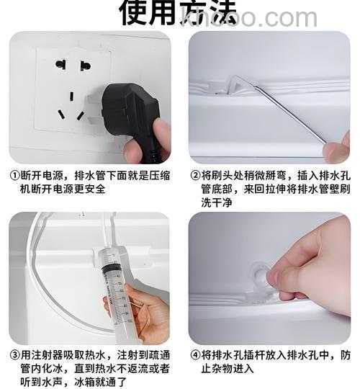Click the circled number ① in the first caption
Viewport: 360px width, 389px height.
pyautogui.click(x=14, y=175)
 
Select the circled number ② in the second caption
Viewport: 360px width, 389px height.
pyautogui.click(x=195, y=175)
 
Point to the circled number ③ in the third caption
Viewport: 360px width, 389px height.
pyautogui.click(x=14, y=355)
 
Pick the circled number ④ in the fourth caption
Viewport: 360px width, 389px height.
pyautogui.click(x=195, y=355)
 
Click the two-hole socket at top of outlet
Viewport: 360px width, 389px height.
pyautogui.click(x=73, y=65)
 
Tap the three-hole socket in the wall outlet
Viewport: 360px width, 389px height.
pyautogui.click(x=72, y=106)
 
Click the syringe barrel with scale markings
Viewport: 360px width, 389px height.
pyautogui.click(x=114, y=288)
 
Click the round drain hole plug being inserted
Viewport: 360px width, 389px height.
pyautogui.click(x=261, y=278)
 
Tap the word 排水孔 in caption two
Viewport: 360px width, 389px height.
pyautogui.click(x=331, y=175)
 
